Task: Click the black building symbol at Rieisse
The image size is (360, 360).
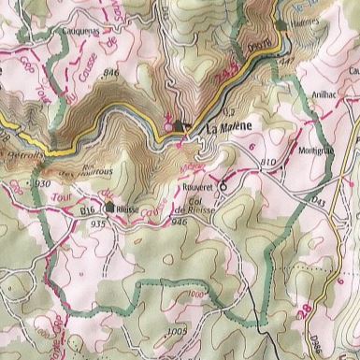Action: pos(110,208)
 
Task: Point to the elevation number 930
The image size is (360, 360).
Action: pos(42,185)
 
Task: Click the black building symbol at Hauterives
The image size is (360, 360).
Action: pos(282,23)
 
